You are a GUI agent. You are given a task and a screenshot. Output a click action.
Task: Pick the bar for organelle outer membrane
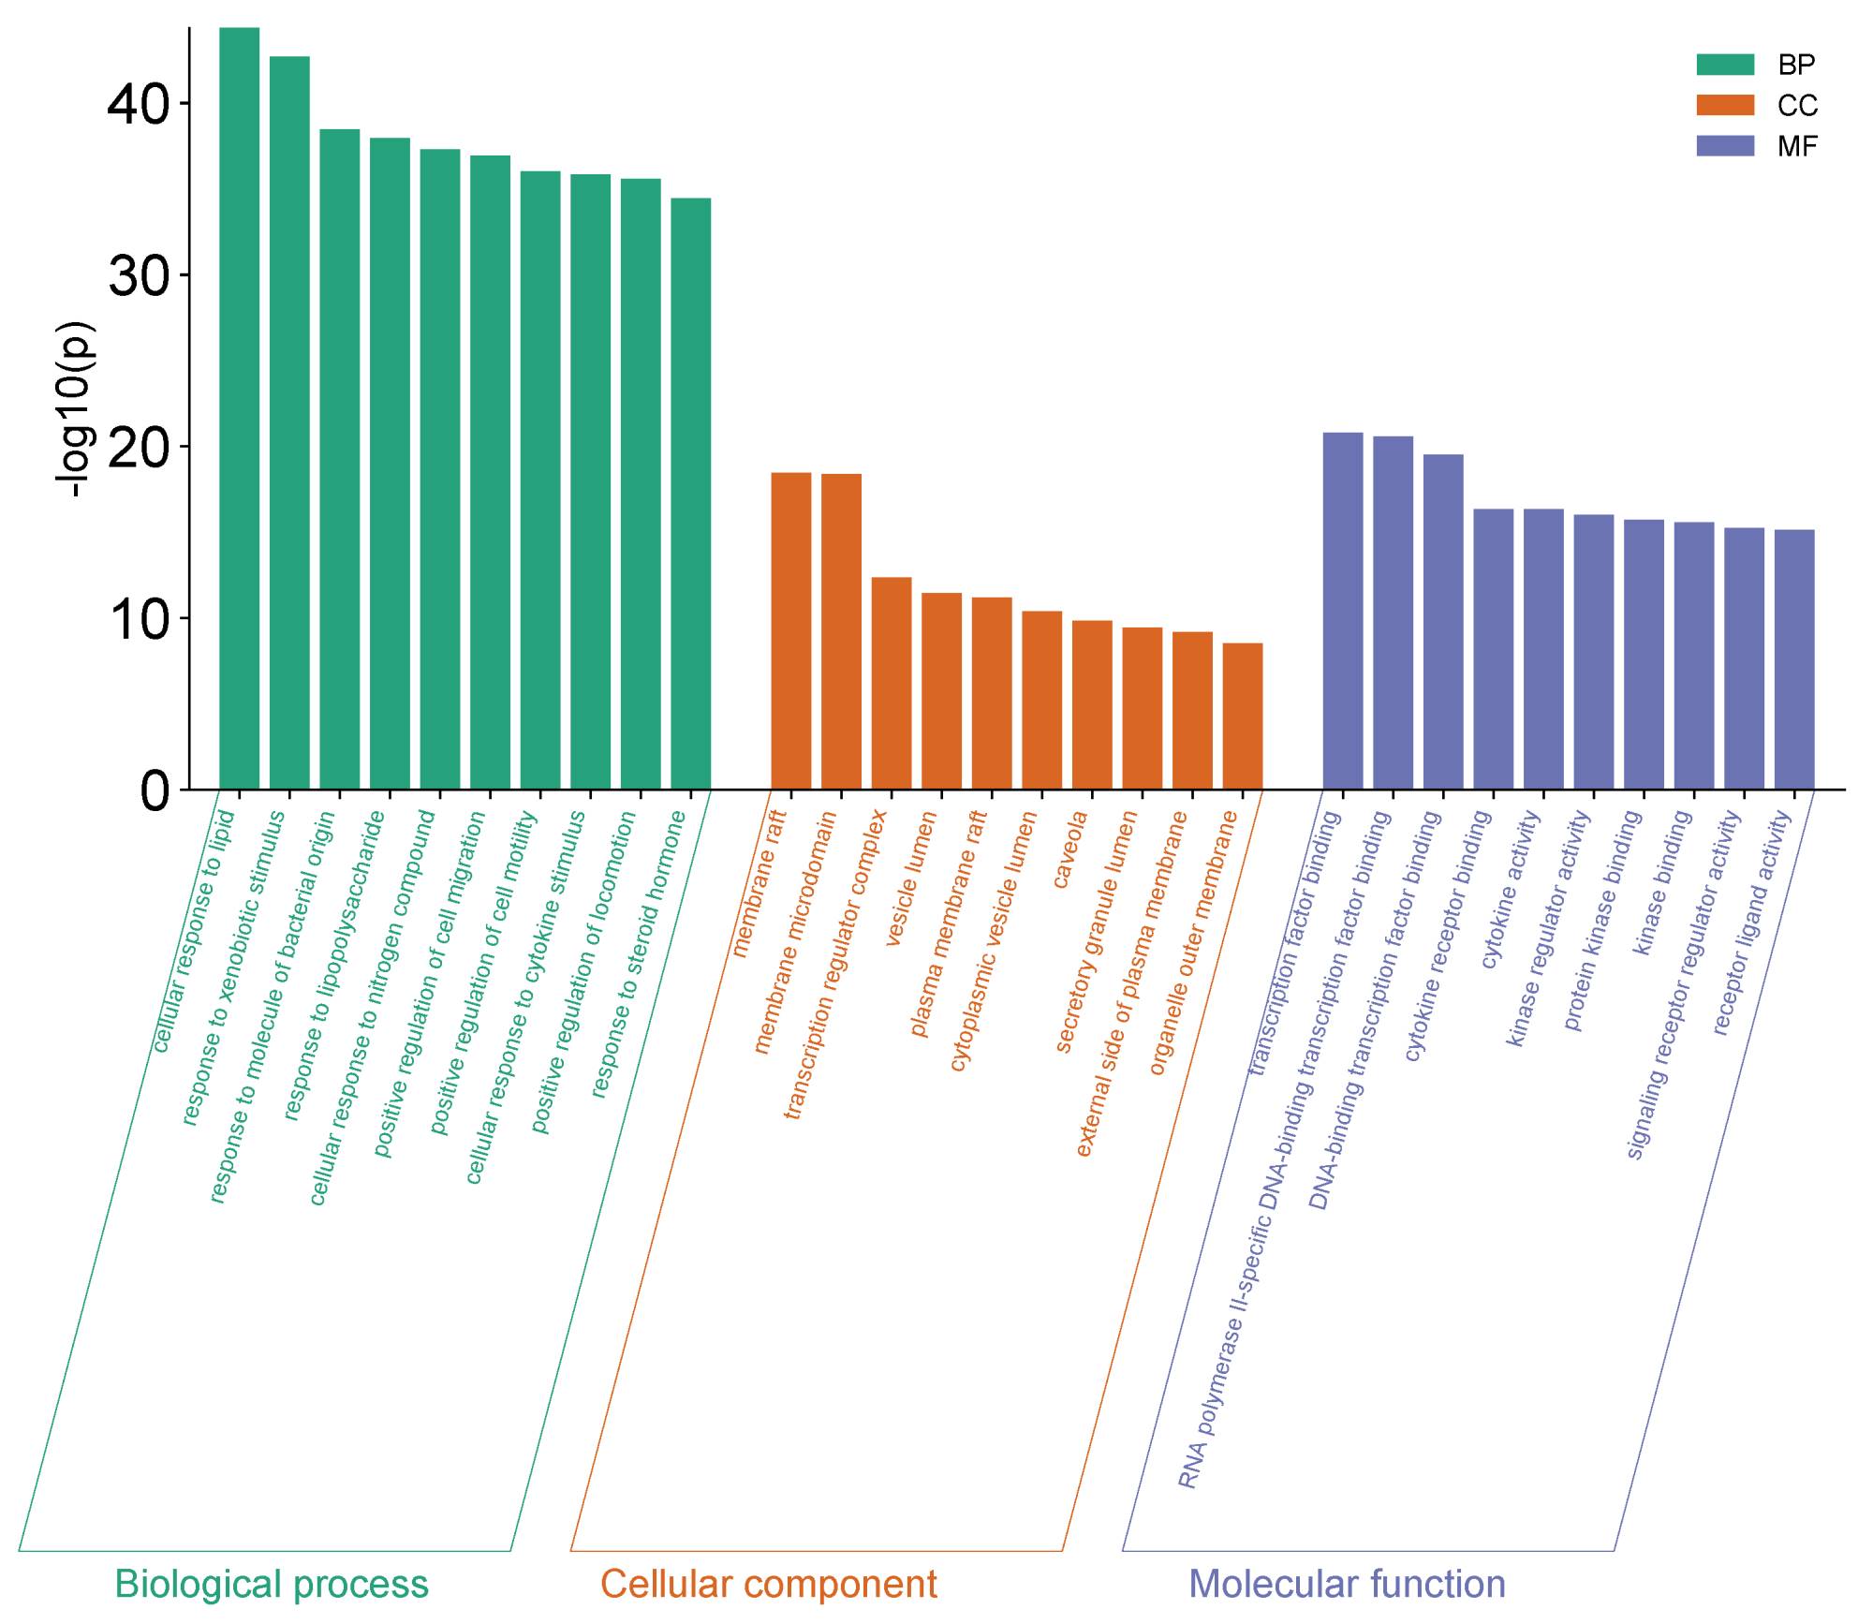coord(1242,716)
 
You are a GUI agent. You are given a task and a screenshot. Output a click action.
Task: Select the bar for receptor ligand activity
coord(1793,659)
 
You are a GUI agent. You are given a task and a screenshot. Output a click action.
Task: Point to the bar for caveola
coord(1092,704)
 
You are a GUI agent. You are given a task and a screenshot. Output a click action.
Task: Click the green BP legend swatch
coord(1724,65)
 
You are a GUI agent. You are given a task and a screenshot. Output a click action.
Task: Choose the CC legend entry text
coord(1797,106)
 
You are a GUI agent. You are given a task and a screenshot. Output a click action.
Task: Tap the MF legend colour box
coord(1724,146)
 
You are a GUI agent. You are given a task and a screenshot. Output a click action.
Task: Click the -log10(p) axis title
coord(75,409)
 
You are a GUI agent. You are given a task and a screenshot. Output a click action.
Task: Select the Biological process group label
coord(272,1584)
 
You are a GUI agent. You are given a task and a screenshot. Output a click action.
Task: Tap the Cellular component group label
coord(768,1584)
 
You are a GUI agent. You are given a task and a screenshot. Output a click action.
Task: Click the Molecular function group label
coord(1347,1584)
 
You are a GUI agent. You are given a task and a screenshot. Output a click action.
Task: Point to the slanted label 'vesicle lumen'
coord(910,878)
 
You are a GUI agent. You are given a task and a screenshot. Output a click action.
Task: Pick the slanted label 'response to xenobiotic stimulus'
coord(233,967)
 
